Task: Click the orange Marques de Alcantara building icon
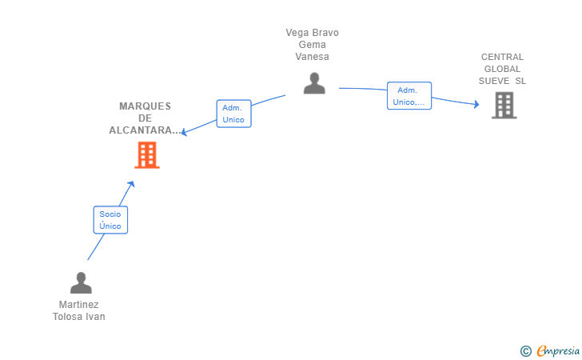(x=147, y=155)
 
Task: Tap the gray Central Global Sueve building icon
(x=504, y=105)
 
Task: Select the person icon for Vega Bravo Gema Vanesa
(x=314, y=83)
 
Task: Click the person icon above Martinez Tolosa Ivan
(x=81, y=282)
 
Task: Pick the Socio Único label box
(x=110, y=220)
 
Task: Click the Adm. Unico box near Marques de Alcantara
(x=233, y=114)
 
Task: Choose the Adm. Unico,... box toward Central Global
(x=409, y=96)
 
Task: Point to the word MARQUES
(x=145, y=106)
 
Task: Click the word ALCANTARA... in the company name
(x=145, y=130)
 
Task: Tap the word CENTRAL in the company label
(x=502, y=57)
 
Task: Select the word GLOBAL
(x=502, y=69)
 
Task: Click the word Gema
(x=312, y=45)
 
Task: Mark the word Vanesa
(x=312, y=57)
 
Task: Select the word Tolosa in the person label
(x=68, y=317)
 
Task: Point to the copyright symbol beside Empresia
(x=525, y=350)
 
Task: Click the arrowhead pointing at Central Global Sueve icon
(x=476, y=105)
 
